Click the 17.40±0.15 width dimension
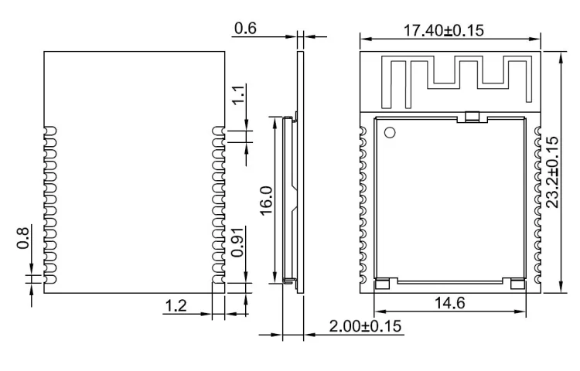(x=451, y=30)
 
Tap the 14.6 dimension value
(x=449, y=303)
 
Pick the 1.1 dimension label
(x=239, y=94)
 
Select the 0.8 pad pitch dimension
(x=23, y=237)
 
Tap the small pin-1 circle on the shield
(x=389, y=132)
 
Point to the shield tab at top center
(x=472, y=117)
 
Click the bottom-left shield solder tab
(x=382, y=284)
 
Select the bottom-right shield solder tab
(x=510, y=284)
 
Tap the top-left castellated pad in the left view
(x=50, y=129)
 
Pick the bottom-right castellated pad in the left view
(x=219, y=270)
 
